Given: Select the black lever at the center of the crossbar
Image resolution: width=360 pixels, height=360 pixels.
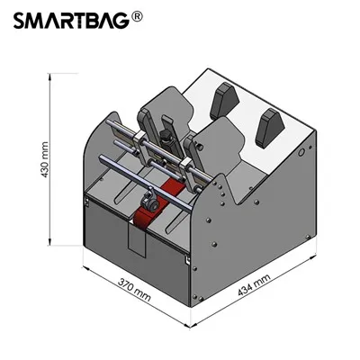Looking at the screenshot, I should tap(165, 131).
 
